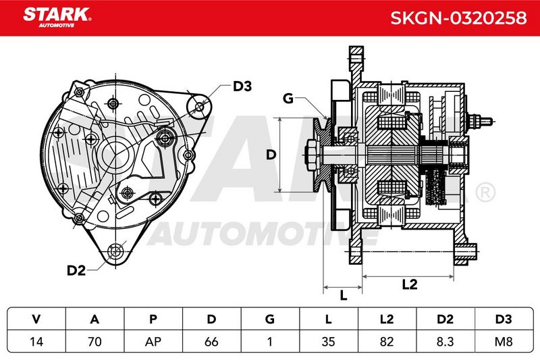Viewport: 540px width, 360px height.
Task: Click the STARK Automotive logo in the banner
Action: click(57, 18)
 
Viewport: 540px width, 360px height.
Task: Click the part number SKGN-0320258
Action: click(458, 18)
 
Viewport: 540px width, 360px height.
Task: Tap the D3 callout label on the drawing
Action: click(242, 86)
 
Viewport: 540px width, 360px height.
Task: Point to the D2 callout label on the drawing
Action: click(76, 270)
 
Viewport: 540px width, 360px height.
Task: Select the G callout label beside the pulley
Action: click(288, 99)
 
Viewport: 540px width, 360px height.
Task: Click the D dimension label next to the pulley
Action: click(271, 155)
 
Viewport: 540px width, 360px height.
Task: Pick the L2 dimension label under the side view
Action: click(410, 284)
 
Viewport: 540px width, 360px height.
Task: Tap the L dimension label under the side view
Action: click(343, 295)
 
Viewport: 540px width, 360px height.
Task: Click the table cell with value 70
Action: click(94, 341)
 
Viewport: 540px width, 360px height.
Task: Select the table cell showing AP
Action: click(153, 341)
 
